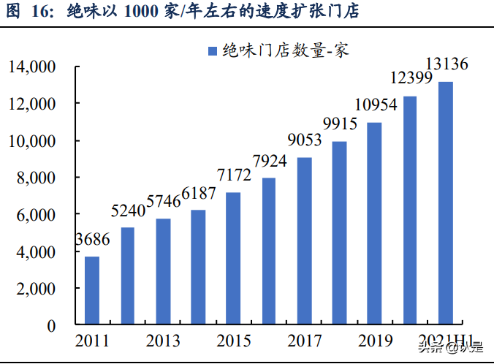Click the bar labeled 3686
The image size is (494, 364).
(x=92, y=290)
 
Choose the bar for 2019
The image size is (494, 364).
(x=374, y=224)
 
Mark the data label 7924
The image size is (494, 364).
(x=269, y=160)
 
